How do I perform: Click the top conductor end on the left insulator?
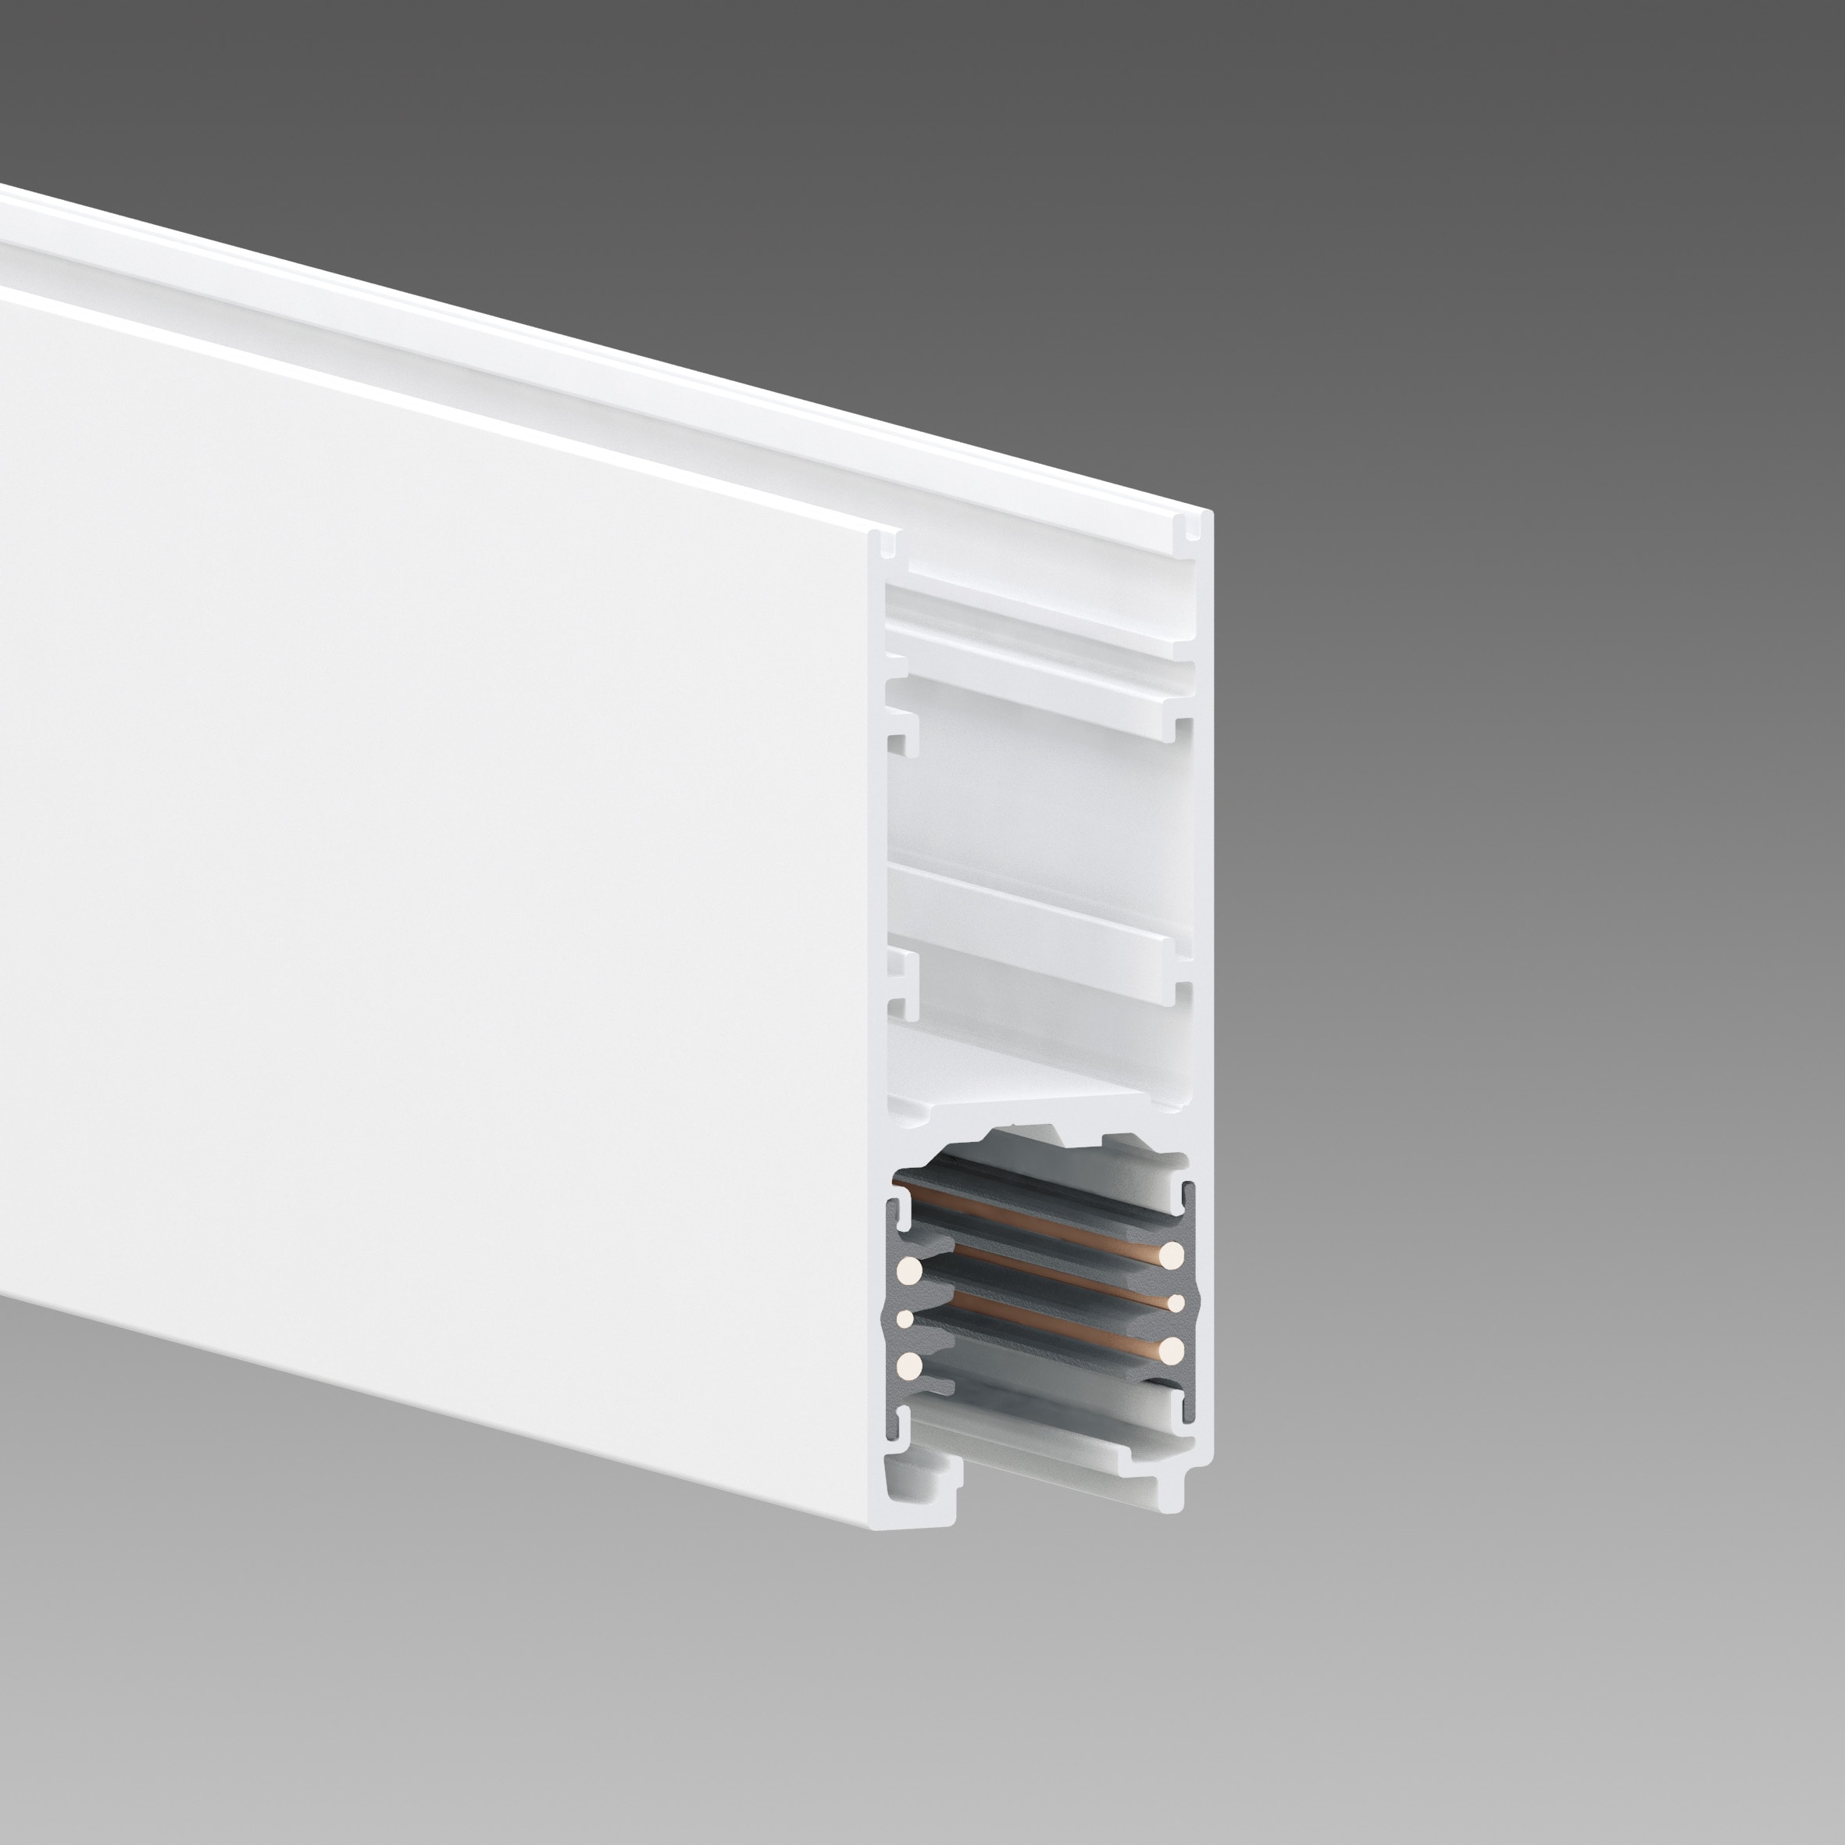(x=910, y=1270)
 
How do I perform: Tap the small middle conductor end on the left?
(x=905, y=1319)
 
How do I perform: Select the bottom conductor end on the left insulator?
(x=910, y=1365)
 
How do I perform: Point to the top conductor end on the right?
(x=1172, y=1254)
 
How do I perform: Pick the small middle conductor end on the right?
(x=1176, y=1303)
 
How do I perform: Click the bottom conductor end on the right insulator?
(x=1172, y=1348)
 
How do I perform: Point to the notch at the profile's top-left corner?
(x=883, y=544)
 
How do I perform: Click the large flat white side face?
(x=430, y=812)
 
